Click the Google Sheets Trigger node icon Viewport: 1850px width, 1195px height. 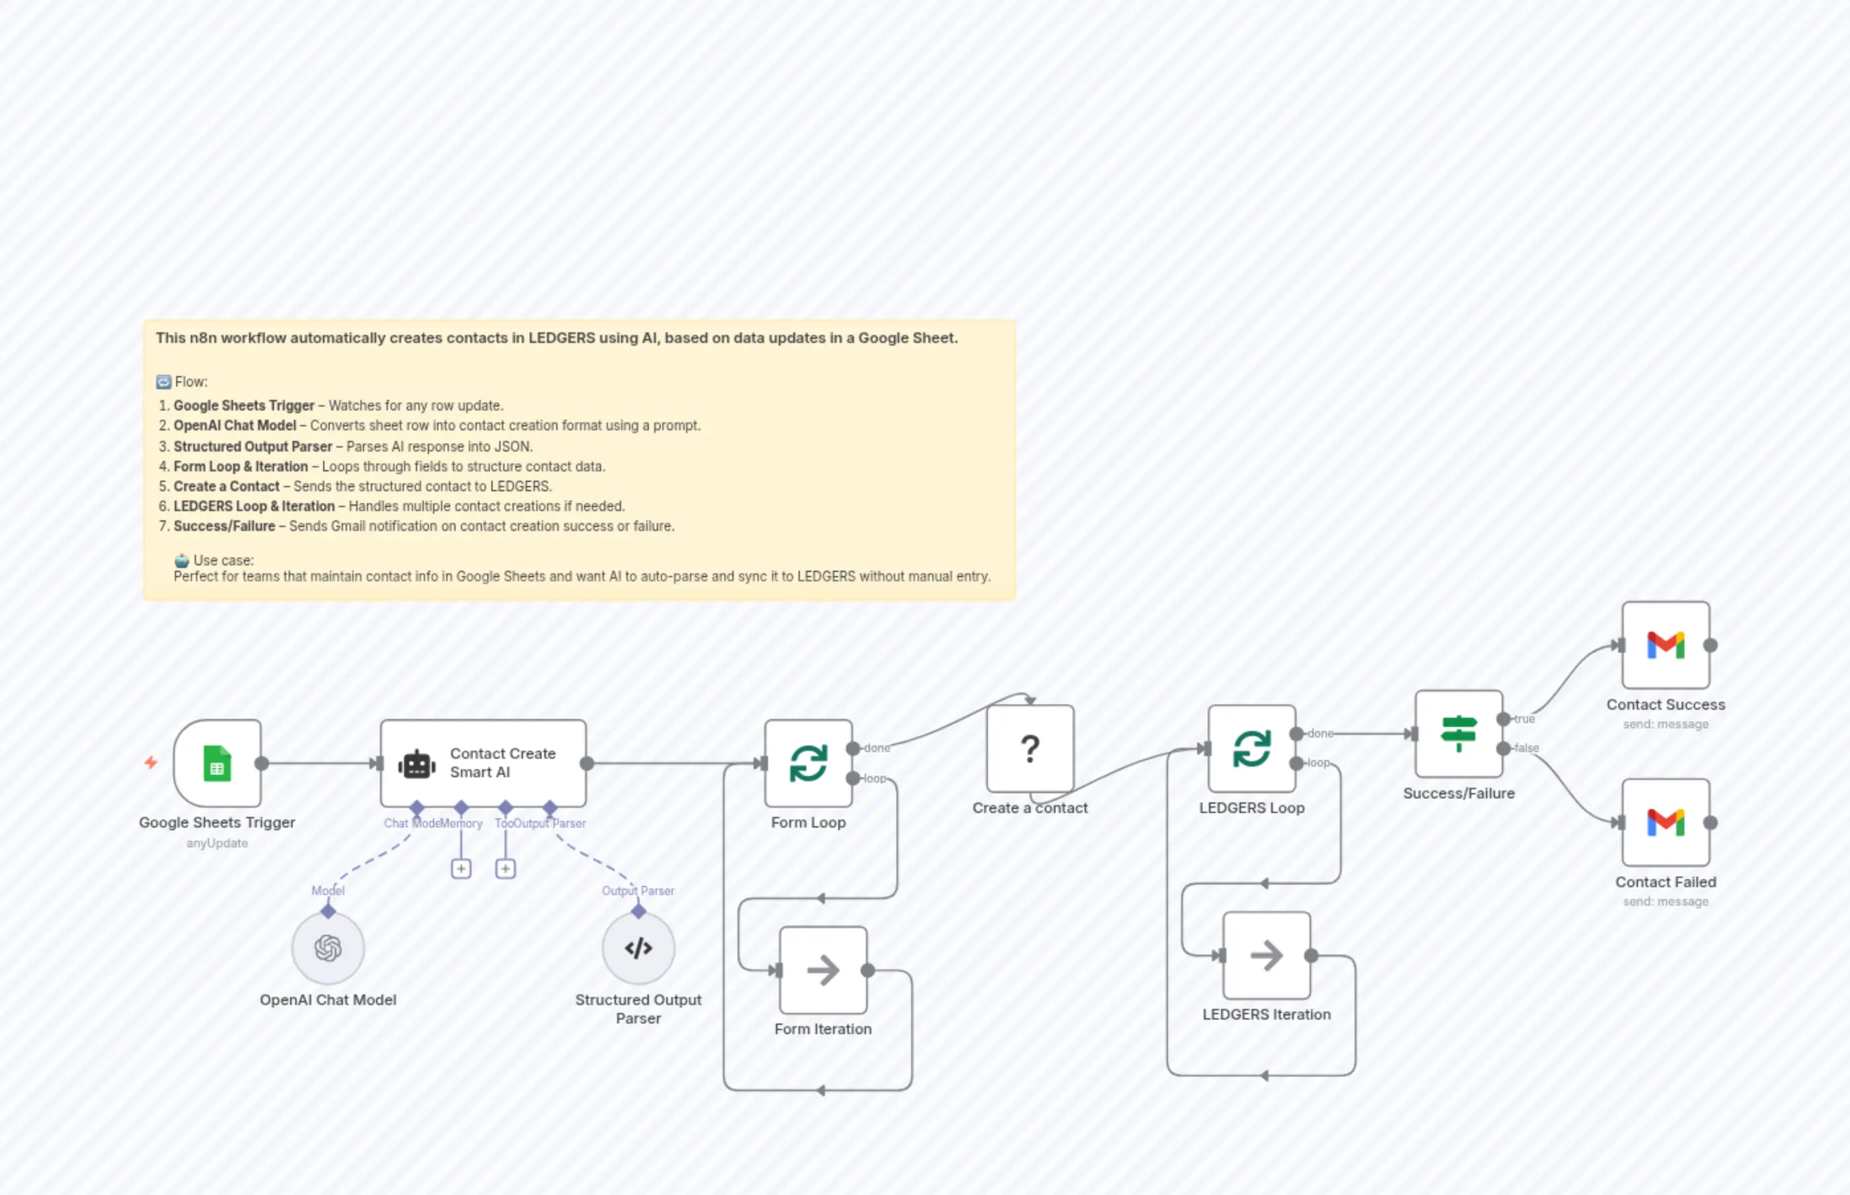[x=217, y=763]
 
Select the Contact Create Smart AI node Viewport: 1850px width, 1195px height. [x=483, y=763]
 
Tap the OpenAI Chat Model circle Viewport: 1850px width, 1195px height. [x=328, y=948]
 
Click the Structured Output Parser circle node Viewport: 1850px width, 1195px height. [x=638, y=948]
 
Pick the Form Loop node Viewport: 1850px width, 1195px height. [x=808, y=763]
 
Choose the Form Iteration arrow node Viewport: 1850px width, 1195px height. [x=822, y=970]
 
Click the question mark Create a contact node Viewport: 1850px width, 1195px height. [x=1030, y=749]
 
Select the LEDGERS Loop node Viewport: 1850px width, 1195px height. [x=1251, y=749]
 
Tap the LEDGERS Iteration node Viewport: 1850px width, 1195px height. [x=1265, y=955]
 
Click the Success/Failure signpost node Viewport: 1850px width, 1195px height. [x=1458, y=734]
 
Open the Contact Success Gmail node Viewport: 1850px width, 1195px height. [x=1665, y=645]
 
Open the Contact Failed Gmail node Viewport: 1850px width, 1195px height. [x=1665, y=822]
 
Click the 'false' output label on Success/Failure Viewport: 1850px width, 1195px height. [x=1526, y=749]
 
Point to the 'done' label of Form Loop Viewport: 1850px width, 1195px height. [x=877, y=749]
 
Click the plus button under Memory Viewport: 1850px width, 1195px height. [x=461, y=869]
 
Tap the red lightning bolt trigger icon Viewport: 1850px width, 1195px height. [x=150, y=763]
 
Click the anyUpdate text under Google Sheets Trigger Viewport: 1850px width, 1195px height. [x=217, y=843]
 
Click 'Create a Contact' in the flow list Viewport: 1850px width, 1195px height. [x=226, y=487]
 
